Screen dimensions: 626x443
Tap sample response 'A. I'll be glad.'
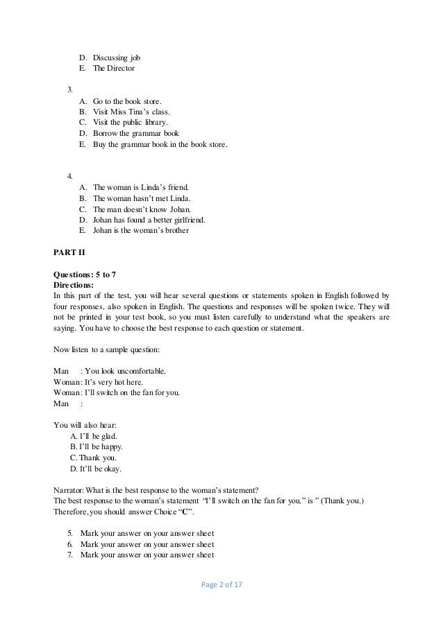[x=94, y=435]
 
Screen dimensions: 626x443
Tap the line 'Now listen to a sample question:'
[x=110, y=350]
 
